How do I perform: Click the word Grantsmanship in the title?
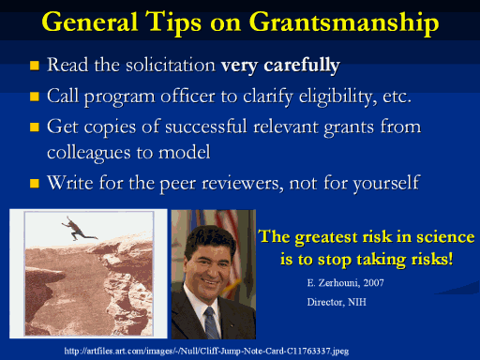[344, 22]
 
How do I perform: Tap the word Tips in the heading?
[174, 22]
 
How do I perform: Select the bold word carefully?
[302, 66]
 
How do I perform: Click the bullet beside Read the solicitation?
[35, 66]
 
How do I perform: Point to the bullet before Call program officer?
[35, 97]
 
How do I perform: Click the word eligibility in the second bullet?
[337, 97]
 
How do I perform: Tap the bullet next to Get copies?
[35, 127]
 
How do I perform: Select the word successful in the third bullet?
[206, 127]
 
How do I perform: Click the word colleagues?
[89, 153]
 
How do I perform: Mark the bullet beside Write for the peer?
[35, 183]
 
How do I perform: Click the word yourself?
[386, 183]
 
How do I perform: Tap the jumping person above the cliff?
[79, 229]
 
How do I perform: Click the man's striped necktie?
[211, 322]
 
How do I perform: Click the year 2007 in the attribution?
[373, 283]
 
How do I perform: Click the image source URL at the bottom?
[206, 351]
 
